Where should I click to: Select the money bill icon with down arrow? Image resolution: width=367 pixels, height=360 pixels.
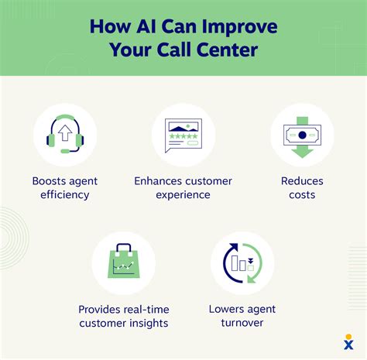[x=302, y=135]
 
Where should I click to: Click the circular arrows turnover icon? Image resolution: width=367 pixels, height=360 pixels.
[x=242, y=263]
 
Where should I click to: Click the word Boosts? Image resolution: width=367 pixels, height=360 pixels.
[x=50, y=181]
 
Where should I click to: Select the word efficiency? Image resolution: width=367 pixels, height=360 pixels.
[x=66, y=195]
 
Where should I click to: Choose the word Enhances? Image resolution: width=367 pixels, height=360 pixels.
[x=159, y=181]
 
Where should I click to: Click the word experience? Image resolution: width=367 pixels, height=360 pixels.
[x=183, y=195]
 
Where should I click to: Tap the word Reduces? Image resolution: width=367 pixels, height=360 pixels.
[x=302, y=181]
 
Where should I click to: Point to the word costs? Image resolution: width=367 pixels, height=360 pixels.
[x=302, y=195]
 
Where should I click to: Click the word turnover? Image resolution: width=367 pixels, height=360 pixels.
[x=242, y=324]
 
